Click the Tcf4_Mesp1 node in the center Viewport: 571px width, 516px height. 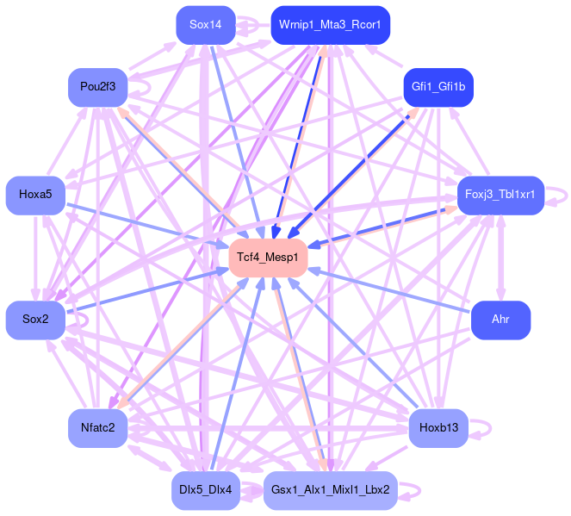point(269,258)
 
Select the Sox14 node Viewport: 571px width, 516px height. point(206,25)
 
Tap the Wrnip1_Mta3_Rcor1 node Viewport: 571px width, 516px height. point(330,25)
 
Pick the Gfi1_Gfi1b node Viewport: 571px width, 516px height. point(438,87)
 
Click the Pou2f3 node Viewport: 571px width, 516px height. point(98,87)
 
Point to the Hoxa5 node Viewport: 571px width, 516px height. point(35,194)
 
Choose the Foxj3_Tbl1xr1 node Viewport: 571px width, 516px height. point(500,195)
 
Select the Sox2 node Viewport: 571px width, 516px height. point(35,320)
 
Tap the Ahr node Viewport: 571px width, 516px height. point(500,320)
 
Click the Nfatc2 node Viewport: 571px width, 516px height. point(97,427)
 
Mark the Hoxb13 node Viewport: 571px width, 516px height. point(438,427)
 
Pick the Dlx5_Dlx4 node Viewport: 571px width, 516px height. point(205,490)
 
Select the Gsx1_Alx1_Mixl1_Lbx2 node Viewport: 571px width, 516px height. point(330,490)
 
